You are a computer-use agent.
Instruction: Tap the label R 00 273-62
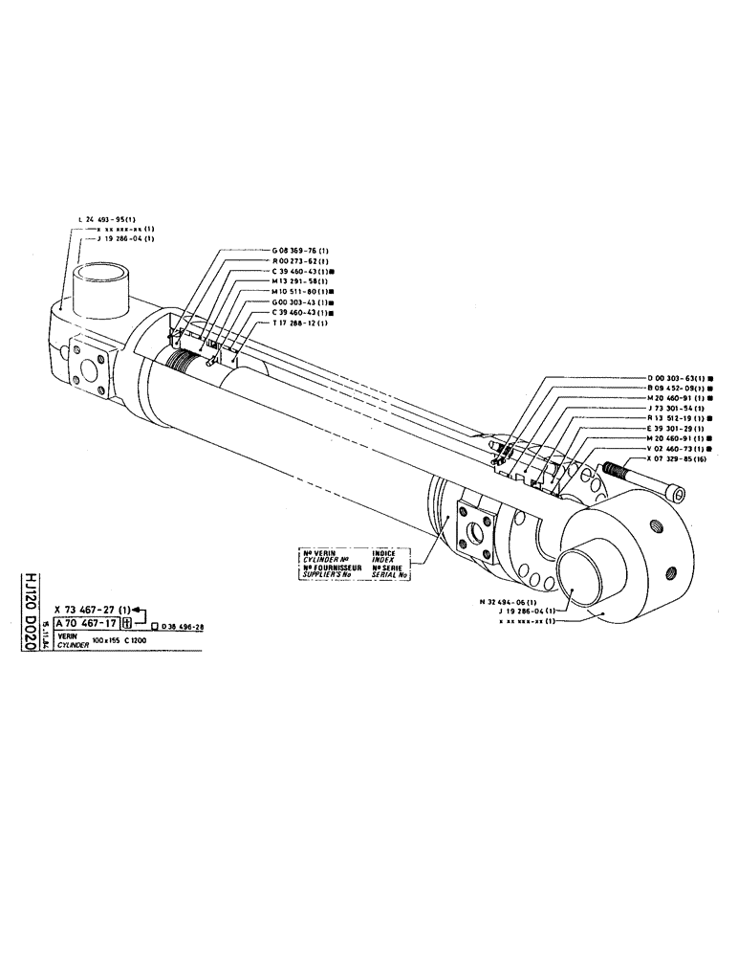(x=301, y=261)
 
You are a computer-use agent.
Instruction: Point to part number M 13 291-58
(x=301, y=282)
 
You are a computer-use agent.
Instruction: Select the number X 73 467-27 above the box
(x=91, y=610)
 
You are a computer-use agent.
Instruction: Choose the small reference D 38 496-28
(x=185, y=626)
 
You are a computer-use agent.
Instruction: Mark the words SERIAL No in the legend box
(x=390, y=577)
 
